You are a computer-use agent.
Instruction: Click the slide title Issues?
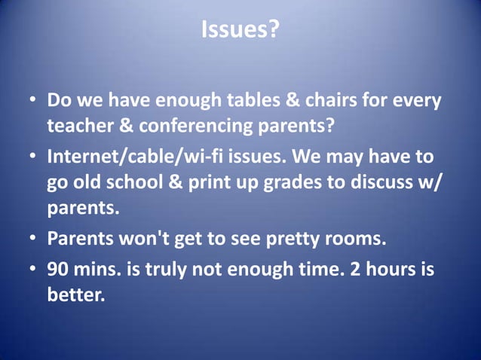tap(240, 30)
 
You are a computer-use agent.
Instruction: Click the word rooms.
tap(358, 239)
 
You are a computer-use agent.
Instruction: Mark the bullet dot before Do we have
tap(33, 102)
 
